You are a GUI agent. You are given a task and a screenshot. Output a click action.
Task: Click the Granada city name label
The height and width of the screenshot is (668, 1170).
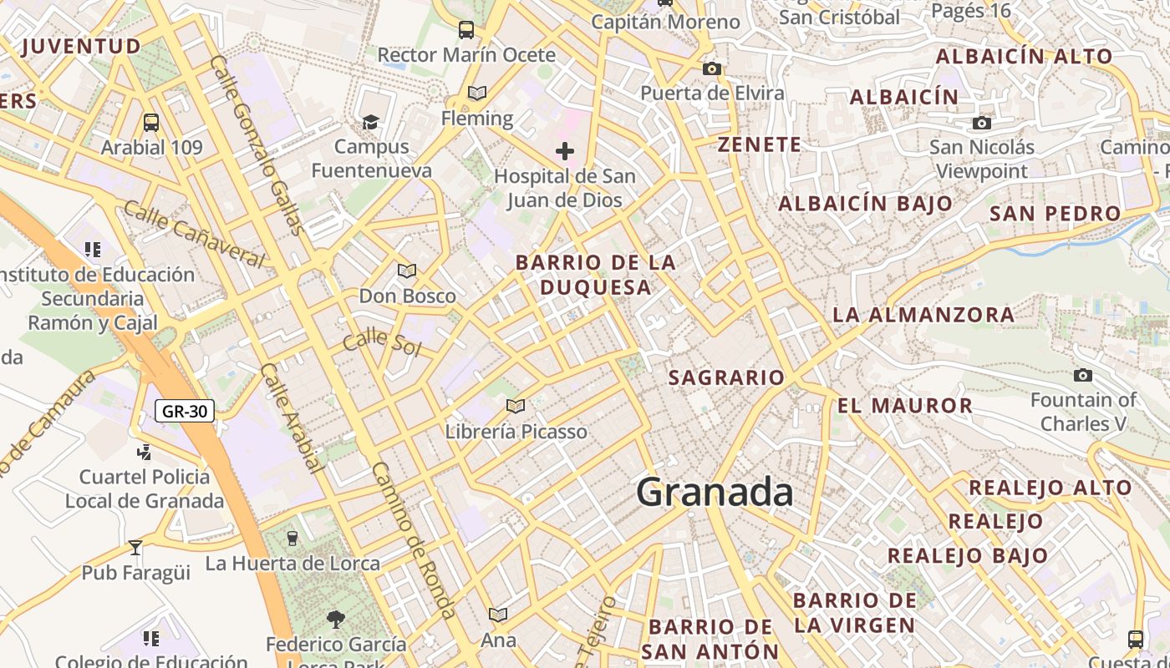(x=715, y=492)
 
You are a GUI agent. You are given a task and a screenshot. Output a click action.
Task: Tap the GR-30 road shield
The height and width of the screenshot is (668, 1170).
(x=185, y=411)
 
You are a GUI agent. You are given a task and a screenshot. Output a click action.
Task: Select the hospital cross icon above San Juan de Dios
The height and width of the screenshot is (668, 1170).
(x=565, y=151)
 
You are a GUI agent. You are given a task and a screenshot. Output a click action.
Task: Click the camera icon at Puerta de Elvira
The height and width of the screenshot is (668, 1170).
(x=712, y=68)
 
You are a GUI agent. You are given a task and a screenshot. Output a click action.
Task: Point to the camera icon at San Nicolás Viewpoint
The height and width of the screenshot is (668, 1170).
(x=982, y=124)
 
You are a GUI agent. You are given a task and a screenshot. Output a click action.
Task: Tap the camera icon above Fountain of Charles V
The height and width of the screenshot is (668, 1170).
(x=1083, y=376)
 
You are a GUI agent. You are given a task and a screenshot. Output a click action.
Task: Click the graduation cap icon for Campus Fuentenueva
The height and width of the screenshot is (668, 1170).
(x=370, y=123)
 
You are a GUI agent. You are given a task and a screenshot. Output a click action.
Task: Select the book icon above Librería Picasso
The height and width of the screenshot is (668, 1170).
(x=516, y=406)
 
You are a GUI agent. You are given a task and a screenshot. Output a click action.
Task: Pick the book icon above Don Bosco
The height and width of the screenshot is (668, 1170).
(x=407, y=271)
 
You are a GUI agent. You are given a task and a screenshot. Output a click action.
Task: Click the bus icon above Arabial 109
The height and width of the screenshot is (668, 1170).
(x=151, y=123)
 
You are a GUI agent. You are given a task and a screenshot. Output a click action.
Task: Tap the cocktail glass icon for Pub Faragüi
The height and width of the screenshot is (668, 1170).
(x=135, y=548)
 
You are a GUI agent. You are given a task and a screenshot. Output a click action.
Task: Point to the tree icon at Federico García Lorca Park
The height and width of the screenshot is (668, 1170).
(x=335, y=619)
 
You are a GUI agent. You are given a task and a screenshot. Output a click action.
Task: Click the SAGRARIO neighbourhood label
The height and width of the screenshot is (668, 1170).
(x=726, y=377)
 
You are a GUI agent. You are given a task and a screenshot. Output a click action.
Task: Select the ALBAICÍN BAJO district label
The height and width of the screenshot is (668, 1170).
(x=865, y=203)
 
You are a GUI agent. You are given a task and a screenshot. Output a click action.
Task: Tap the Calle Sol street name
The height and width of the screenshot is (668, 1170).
(x=382, y=341)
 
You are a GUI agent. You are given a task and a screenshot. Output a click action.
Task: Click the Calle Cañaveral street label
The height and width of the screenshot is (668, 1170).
(x=194, y=233)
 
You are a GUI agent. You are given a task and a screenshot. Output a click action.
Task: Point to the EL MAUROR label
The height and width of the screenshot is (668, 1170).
(x=905, y=406)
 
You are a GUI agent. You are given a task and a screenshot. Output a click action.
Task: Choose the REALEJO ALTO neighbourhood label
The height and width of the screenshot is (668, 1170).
(x=1050, y=487)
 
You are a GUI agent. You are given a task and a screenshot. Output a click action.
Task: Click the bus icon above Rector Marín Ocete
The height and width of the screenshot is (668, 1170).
(x=466, y=30)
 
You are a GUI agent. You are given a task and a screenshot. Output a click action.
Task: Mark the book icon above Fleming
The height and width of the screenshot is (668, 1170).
(x=477, y=93)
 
